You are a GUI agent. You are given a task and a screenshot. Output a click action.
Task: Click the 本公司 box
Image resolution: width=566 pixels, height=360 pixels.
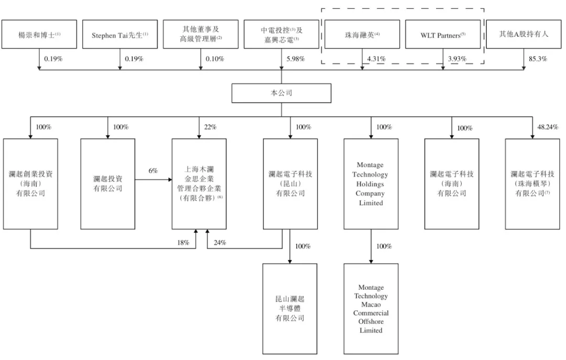click(281, 93)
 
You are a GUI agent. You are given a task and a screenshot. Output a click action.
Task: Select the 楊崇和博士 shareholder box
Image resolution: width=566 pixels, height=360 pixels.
click(39, 35)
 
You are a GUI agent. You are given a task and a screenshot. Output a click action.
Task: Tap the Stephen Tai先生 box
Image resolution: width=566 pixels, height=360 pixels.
click(120, 35)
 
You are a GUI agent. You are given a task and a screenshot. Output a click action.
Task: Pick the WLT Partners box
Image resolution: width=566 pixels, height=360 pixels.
click(443, 35)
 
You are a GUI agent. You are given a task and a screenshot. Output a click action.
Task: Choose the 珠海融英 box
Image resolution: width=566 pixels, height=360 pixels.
click(362, 35)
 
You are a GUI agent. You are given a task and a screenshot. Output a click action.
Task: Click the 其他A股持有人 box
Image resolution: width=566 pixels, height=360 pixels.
click(524, 35)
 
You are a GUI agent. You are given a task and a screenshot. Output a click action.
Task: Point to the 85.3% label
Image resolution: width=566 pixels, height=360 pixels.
click(537, 59)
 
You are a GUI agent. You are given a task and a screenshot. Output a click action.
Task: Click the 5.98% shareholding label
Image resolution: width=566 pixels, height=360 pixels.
click(296, 59)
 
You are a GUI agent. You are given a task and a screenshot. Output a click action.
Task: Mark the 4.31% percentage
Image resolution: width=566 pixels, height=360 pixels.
click(376, 59)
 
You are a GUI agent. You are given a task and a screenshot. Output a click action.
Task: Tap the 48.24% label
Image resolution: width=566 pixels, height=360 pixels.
click(547, 127)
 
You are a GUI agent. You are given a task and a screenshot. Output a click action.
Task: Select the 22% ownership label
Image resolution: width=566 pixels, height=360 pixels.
click(210, 127)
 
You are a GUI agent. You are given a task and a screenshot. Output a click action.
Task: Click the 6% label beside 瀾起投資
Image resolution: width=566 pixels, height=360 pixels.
click(153, 171)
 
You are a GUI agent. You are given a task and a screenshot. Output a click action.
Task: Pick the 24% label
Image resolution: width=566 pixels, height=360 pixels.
click(220, 243)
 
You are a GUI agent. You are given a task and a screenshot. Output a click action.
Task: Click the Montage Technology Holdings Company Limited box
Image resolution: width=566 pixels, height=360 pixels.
click(371, 183)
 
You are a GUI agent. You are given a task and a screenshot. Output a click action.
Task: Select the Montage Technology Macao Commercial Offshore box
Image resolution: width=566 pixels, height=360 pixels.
click(371, 309)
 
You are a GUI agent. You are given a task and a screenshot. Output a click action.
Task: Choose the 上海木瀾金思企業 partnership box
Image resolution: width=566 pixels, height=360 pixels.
click(199, 183)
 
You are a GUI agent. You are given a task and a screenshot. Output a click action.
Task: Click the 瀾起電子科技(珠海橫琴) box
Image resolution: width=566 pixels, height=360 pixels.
click(532, 183)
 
